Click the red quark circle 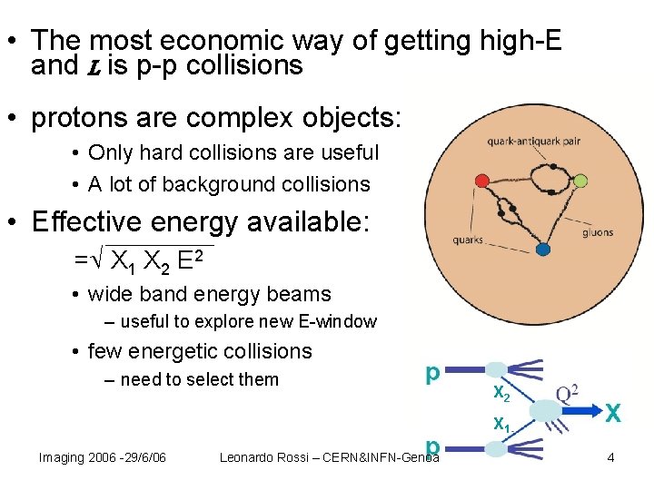[x=481, y=181]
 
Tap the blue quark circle [x=542, y=249]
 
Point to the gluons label [x=597, y=232]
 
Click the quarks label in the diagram [x=468, y=240]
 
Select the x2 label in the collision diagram [x=500, y=392]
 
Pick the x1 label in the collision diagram [x=500, y=423]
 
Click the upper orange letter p [x=433, y=372]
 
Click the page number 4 [x=611, y=457]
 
